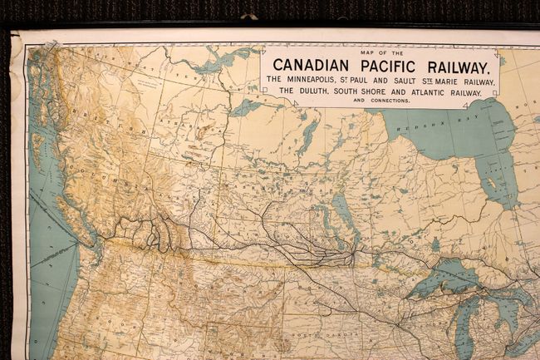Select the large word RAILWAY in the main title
pyautogui.click(x=456, y=66)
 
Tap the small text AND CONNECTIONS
pyautogui.click(x=380, y=101)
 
